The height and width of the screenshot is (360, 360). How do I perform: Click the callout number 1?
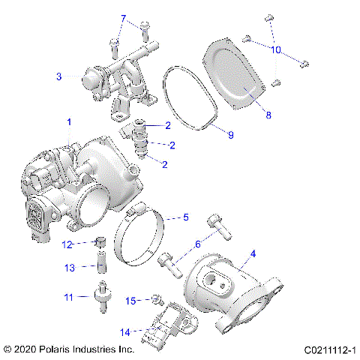coord(70,121)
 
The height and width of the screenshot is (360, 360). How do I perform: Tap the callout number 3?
coord(58,76)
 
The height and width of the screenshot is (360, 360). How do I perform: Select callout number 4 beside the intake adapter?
coord(253,254)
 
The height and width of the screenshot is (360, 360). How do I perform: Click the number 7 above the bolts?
coord(124,18)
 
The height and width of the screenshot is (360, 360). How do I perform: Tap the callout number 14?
coord(124,331)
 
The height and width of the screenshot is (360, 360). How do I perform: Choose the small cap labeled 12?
coord(98,242)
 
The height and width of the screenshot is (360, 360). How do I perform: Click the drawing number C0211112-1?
coord(329,349)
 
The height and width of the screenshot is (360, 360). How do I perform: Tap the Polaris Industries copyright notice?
coord(68,349)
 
